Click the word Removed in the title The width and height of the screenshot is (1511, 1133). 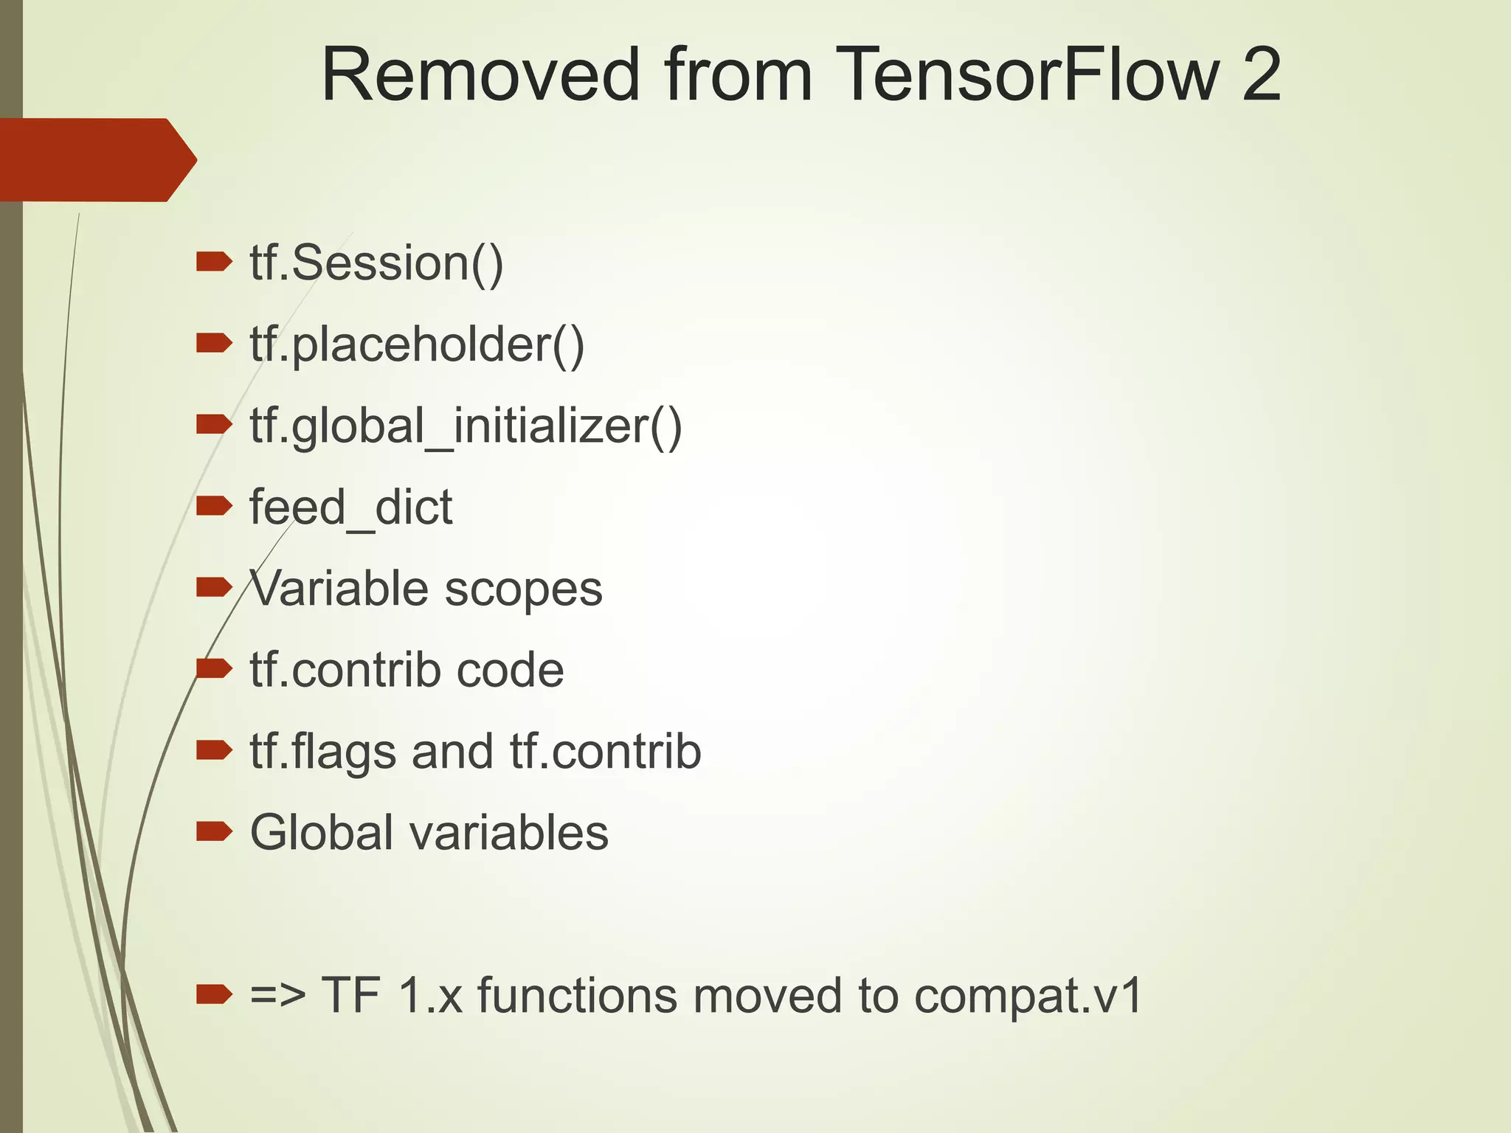point(480,75)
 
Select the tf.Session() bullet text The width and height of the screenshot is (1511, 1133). point(376,263)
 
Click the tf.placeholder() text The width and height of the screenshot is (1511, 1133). point(417,344)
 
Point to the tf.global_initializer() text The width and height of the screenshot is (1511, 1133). point(466,426)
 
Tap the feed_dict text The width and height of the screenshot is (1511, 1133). point(350,507)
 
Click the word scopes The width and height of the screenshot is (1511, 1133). point(523,589)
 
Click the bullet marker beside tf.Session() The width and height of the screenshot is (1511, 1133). point(214,261)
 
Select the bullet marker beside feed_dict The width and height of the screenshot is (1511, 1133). point(214,505)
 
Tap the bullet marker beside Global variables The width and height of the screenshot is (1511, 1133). point(214,831)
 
